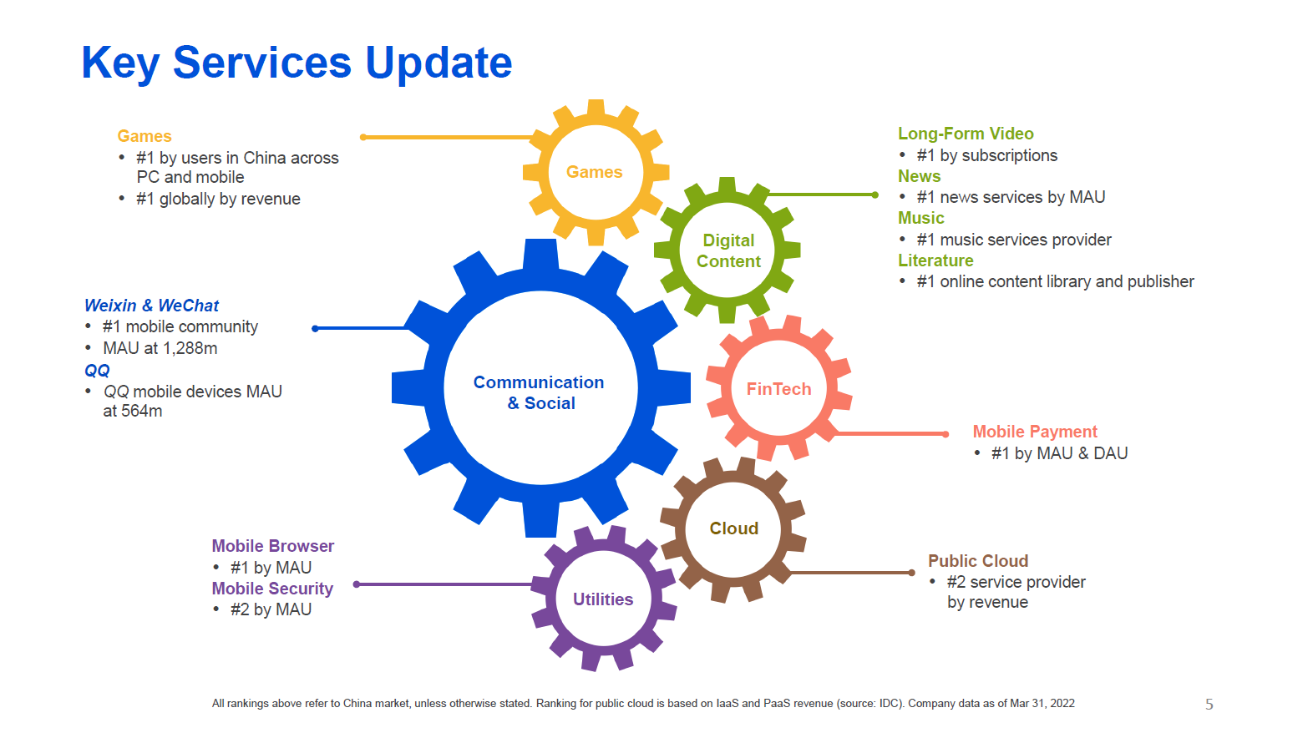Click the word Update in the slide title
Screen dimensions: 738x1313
tap(439, 63)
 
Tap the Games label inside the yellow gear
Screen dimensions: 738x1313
tap(594, 172)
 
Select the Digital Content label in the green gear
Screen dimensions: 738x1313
tap(728, 250)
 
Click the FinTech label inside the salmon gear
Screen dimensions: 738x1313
tap(778, 389)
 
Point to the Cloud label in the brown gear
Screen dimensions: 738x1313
tap(733, 528)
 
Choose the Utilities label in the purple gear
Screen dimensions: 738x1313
tap(602, 599)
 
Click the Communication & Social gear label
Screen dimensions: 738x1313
tap(539, 392)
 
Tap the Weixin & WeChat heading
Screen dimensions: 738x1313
tap(151, 306)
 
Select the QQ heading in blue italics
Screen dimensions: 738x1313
tap(97, 371)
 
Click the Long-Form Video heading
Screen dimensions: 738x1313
tap(965, 134)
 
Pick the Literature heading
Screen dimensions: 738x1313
tap(935, 260)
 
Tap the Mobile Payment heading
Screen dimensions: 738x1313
tap(1034, 432)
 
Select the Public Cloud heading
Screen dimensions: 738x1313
tap(977, 561)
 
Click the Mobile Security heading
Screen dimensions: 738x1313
tap(271, 589)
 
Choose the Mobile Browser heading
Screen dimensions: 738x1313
tap(272, 546)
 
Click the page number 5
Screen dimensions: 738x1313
tap(1209, 705)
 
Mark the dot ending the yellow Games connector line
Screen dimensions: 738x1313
tap(363, 137)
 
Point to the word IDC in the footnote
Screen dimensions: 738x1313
tap(888, 704)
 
